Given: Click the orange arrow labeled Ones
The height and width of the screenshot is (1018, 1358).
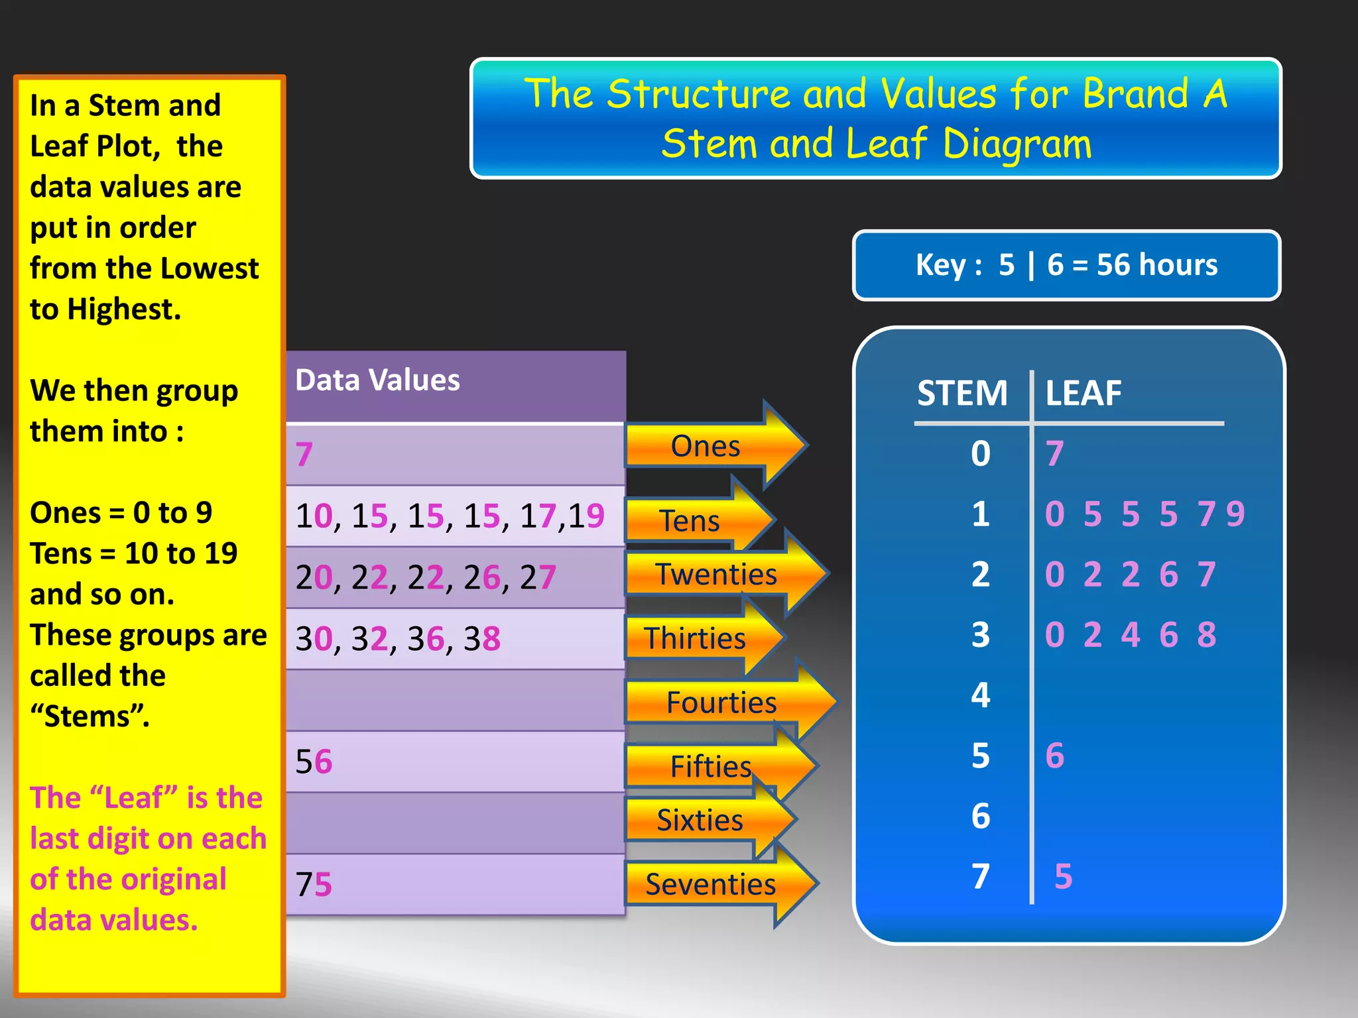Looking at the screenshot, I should [x=706, y=446].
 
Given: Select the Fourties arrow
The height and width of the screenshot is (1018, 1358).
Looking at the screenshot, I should [x=721, y=702].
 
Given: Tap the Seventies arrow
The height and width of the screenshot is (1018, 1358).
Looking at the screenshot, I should [x=711, y=884].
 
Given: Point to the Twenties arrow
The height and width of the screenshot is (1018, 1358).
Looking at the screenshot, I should [x=716, y=574].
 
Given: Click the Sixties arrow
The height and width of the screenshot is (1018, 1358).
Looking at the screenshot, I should [x=700, y=820].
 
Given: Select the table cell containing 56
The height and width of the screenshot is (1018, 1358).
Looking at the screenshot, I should [x=455, y=762].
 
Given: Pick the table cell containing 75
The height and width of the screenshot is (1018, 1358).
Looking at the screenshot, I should [x=455, y=884].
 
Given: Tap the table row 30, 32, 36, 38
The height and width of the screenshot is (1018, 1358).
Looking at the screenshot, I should [x=455, y=639].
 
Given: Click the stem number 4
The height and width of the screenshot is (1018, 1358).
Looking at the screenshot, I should [x=981, y=695].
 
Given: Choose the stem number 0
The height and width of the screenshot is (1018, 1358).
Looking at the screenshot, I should [x=981, y=454].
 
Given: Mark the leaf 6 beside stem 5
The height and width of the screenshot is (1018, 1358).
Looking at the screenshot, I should [x=1054, y=756].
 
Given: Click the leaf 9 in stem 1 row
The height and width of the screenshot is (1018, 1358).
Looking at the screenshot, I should [x=1235, y=514].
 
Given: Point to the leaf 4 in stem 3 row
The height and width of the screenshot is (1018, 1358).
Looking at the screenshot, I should [x=1131, y=635].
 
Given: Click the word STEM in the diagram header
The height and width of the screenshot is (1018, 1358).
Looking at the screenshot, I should [x=962, y=393].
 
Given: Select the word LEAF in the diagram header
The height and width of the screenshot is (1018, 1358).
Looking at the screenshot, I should [x=1083, y=393].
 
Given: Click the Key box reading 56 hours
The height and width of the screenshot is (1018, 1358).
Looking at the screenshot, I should [x=1066, y=265].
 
